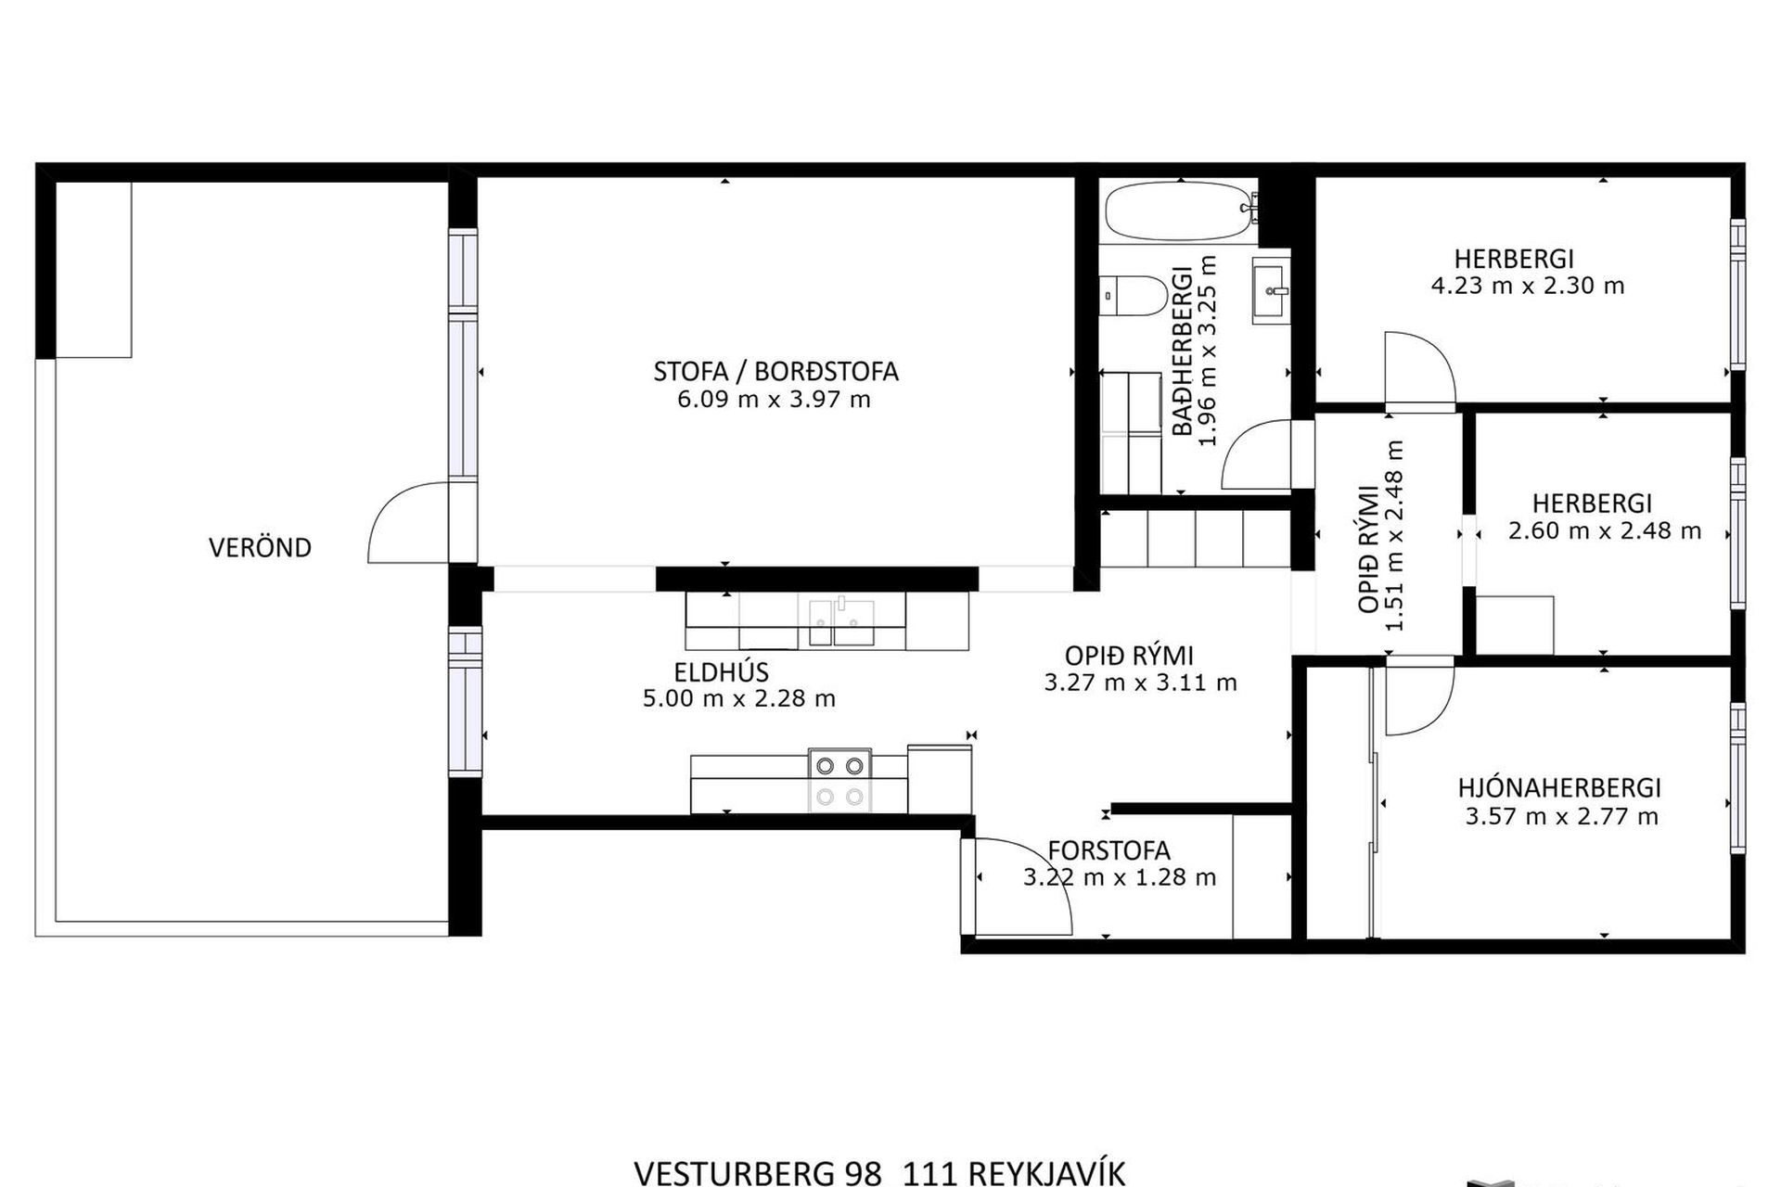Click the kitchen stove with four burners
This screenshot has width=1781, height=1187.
839,781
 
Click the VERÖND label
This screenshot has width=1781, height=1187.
260,547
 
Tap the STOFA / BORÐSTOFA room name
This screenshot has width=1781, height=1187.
775,371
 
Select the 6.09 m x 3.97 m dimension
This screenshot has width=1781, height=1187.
775,400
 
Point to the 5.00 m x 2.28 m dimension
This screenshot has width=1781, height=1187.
739,698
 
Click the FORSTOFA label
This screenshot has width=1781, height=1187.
1108,850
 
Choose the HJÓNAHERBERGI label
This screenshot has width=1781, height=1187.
1559,788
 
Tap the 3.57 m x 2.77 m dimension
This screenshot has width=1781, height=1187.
1561,817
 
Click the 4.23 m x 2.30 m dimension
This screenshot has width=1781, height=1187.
1528,286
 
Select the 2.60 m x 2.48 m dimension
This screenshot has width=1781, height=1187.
1605,531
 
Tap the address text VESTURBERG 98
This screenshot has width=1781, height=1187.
757,1173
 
